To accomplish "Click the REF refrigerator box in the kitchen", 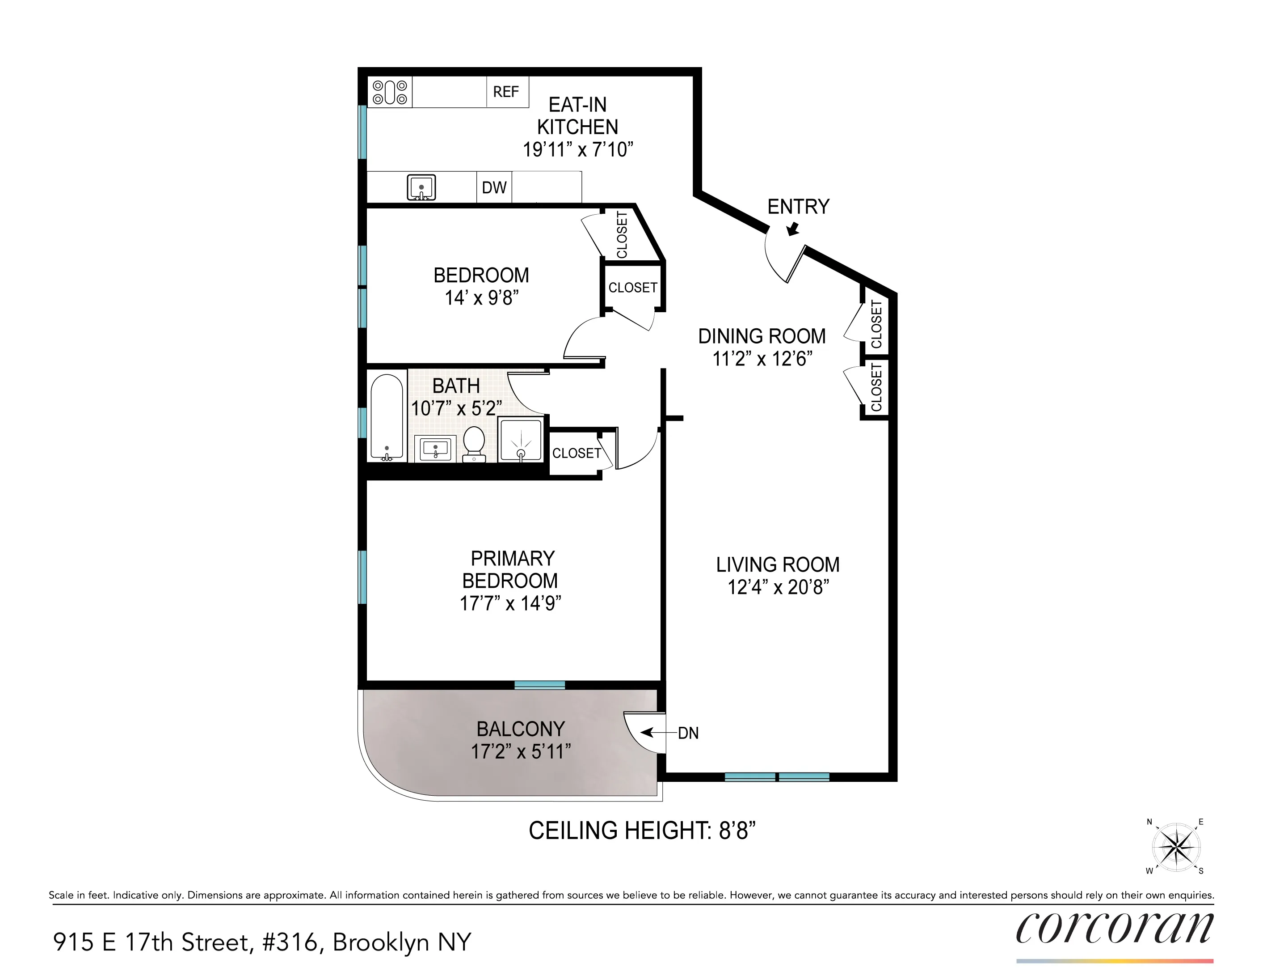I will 506,92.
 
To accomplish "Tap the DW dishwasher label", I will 494,187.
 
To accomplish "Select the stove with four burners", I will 390,92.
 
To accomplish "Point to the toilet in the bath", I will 474,444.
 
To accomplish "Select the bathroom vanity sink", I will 435,450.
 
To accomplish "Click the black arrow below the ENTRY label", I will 792,230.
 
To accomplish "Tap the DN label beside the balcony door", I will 688,733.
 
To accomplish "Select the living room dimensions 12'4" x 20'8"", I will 778,588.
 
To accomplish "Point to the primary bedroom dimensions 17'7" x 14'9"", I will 510,604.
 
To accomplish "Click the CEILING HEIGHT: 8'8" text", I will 642,831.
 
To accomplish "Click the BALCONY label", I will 520,729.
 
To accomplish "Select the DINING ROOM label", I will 761,336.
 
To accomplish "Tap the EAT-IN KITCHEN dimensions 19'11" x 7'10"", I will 577,150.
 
